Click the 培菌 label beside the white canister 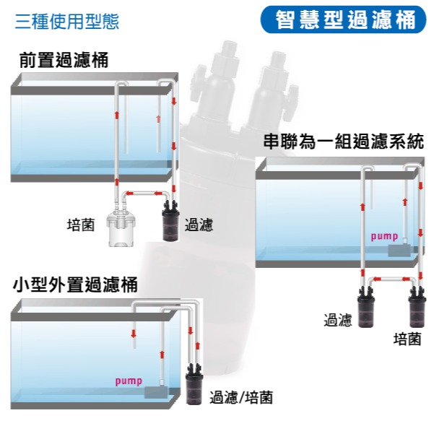[80, 225]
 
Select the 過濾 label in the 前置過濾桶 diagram [199, 225]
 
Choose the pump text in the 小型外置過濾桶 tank [129, 381]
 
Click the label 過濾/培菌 [240, 397]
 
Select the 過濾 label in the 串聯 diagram [338, 320]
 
